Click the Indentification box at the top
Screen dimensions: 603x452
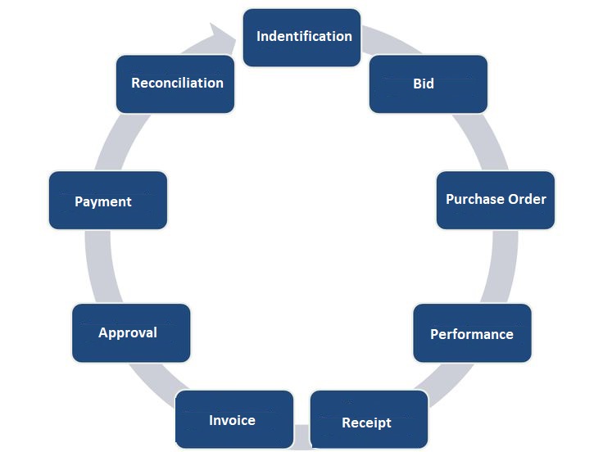click(301, 38)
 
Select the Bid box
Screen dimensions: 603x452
click(428, 84)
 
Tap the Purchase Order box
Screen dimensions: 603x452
click(496, 201)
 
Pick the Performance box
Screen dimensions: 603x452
click(473, 332)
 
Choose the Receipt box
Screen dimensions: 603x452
click(370, 420)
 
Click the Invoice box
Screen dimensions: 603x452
click(234, 420)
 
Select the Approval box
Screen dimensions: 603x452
click(131, 332)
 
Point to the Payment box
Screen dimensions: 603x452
click(108, 201)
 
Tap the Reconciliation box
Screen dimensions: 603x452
click(175, 84)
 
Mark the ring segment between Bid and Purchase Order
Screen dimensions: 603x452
click(482, 142)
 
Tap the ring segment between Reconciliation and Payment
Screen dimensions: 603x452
click(122, 142)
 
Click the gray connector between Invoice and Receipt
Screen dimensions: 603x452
click(301, 436)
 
